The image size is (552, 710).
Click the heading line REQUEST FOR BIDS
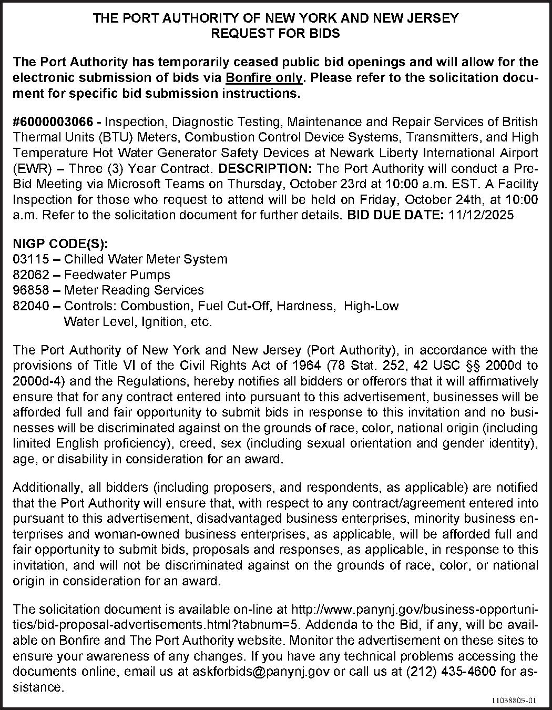(275, 33)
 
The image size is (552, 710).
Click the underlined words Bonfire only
(264, 78)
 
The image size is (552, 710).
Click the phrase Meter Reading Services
(134, 290)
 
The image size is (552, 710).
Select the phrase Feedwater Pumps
(117, 275)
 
